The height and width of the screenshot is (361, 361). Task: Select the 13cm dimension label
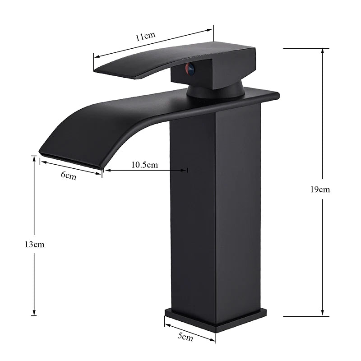34,245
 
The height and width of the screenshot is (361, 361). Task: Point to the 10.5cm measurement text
144,164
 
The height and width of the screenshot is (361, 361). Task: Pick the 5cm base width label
185,336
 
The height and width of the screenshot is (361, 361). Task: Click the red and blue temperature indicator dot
190,69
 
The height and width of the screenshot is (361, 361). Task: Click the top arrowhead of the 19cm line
322,50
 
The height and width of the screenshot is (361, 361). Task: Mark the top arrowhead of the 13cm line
34,157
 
